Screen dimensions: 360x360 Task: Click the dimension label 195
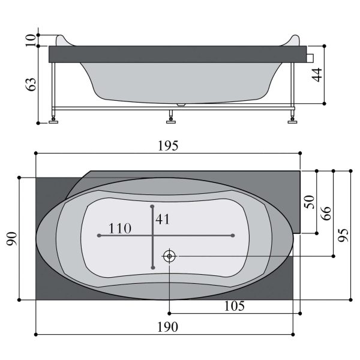click(168, 146)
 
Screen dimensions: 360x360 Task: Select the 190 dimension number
click(167, 327)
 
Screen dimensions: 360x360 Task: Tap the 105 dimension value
click(234, 306)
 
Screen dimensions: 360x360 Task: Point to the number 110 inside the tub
click(119, 229)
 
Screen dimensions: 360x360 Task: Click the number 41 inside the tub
click(163, 219)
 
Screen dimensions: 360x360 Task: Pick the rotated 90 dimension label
click(12, 239)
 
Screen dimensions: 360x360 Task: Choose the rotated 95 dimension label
click(343, 235)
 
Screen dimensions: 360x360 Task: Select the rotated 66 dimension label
click(326, 214)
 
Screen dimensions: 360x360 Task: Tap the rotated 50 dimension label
click(309, 202)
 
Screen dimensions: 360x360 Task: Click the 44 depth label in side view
click(317, 75)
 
